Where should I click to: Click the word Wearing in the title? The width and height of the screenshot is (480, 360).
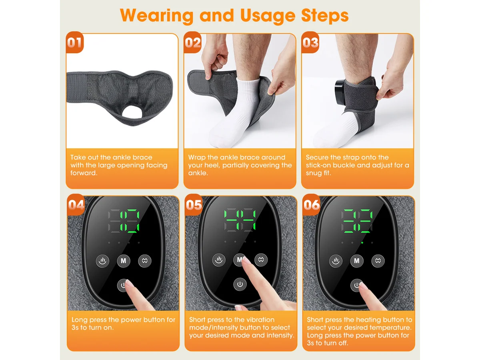[x=156, y=16]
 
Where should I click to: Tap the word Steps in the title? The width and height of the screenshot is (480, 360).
[x=324, y=15]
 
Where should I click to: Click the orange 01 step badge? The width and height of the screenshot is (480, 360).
[x=74, y=42]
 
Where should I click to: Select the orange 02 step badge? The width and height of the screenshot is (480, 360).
[x=192, y=42]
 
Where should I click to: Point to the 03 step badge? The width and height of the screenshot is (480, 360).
[x=310, y=42]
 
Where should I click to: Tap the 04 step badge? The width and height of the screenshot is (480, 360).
[x=76, y=204]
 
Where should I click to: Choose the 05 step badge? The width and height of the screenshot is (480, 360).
[x=194, y=204]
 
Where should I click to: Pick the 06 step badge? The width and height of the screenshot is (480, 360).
[x=311, y=204]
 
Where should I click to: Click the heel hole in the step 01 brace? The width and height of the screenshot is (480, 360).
[x=132, y=112]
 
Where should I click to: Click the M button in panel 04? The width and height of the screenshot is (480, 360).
[x=124, y=260]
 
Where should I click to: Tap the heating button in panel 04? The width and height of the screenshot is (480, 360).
[x=102, y=260]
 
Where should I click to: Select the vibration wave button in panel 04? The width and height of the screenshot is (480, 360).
[x=145, y=260]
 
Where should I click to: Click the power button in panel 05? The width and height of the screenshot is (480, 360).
[x=240, y=284]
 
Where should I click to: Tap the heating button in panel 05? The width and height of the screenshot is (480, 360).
[x=219, y=260]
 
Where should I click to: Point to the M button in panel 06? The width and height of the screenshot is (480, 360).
[x=357, y=260]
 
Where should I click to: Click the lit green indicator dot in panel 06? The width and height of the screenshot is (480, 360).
[x=362, y=243]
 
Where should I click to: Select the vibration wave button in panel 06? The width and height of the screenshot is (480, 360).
[x=378, y=260]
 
